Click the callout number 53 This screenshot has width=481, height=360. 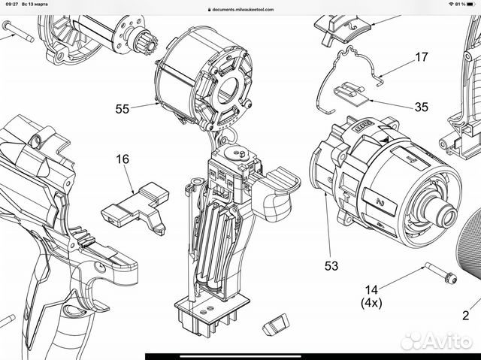click(331, 265)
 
